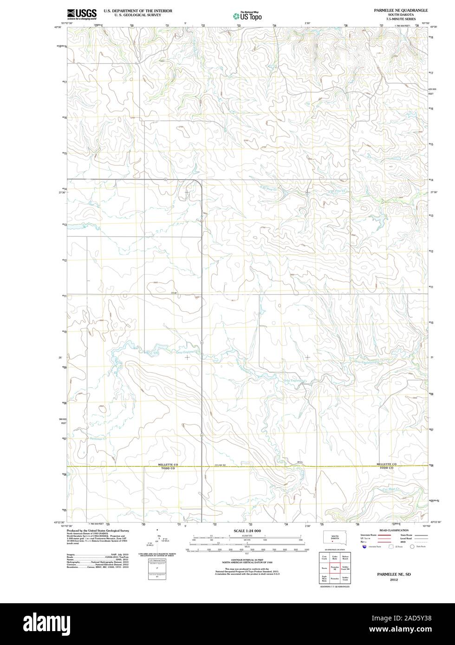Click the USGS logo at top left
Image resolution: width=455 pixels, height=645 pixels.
click(82, 14)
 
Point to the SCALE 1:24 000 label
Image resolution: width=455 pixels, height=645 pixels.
click(247, 531)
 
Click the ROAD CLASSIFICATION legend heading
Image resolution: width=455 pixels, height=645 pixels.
click(394, 530)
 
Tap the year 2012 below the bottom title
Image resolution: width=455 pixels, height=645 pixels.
click(394, 580)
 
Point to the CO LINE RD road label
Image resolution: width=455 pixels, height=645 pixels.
click(220, 465)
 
